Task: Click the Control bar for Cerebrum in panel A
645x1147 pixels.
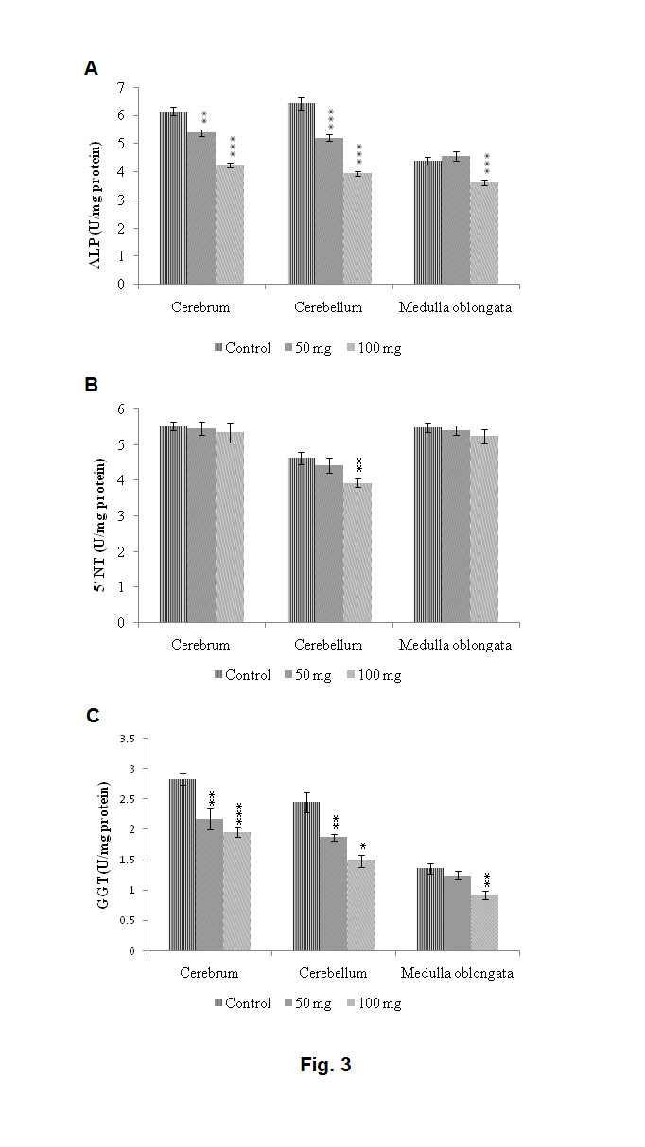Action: (x=173, y=198)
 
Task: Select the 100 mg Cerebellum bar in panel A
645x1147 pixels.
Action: (x=357, y=228)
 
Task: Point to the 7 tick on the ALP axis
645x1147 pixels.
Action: (x=121, y=87)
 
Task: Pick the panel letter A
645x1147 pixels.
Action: (x=91, y=67)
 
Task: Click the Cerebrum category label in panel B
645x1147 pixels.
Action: (x=200, y=645)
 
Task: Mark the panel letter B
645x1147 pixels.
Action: (x=91, y=385)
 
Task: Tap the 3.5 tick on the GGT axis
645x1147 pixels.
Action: (x=126, y=739)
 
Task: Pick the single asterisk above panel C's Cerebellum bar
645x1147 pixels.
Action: (x=363, y=846)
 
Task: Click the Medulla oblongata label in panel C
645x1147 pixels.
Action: (x=457, y=973)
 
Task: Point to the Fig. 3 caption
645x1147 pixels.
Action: (x=325, y=1065)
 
